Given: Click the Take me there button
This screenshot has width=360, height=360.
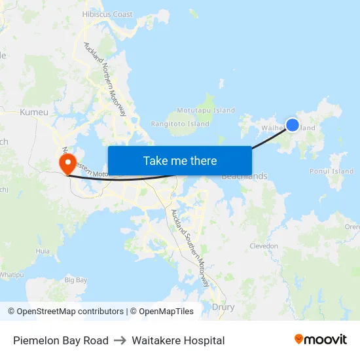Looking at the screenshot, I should click(x=179, y=161).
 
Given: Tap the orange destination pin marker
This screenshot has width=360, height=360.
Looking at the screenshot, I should click(x=67, y=162).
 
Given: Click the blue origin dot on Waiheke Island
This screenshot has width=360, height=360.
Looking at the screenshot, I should click(x=293, y=124).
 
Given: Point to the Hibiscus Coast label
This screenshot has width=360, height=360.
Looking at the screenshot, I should click(x=107, y=14).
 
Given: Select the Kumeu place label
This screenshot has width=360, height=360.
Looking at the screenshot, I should click(x=34, y=112).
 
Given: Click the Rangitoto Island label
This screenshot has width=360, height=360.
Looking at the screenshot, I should click(x=180, y=124).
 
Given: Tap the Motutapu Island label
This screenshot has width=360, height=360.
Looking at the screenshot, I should click(x=206, y=111).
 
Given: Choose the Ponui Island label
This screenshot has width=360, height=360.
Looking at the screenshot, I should click(x=331, y=171).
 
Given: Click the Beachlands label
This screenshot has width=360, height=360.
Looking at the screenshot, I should click(x=244, y=176).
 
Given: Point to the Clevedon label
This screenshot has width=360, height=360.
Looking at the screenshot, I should click(x=264, y=246).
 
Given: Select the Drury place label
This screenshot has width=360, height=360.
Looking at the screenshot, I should click(x=223, y=306).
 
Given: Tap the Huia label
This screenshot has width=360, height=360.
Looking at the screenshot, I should click(x=43, y=251).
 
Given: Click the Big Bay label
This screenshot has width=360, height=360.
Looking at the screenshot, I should click(x=76, y=280).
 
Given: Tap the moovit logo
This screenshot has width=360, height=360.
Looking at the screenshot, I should click(x=320, y=339).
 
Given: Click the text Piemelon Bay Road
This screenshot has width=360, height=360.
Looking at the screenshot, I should click(x=61, y=340).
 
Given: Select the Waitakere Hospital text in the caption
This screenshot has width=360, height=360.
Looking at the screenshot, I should click(x=178, y=340).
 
